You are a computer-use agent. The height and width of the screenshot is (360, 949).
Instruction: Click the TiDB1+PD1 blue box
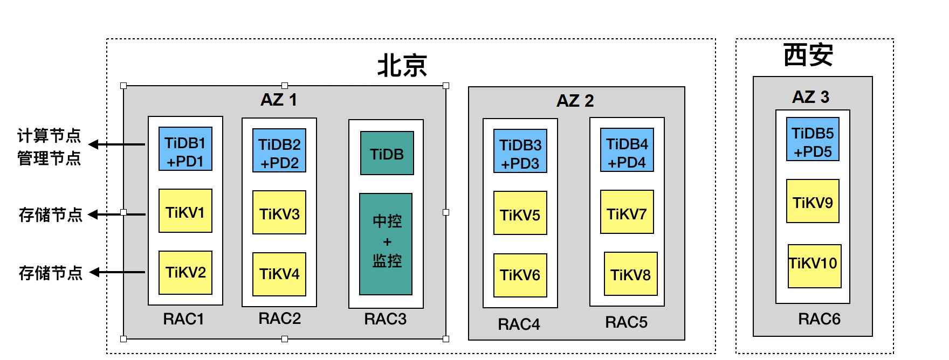[x=185, y=149]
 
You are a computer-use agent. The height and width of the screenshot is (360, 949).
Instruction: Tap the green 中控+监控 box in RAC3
[x=386, y=244]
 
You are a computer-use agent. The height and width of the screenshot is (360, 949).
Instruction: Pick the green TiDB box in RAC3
[x=387, y=153]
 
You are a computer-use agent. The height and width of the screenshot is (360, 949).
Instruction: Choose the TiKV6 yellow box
[x=520, y=275]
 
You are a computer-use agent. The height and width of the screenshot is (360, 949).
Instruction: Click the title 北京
[x=402, y=66]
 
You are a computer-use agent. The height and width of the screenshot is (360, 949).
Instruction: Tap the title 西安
[x=808, y=55]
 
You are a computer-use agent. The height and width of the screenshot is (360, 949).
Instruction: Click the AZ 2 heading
[x=575, y=101]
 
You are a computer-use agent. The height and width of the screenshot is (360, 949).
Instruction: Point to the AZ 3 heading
[x=810, y=97]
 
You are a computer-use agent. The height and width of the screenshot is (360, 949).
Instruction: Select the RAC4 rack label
[x=519, y=324]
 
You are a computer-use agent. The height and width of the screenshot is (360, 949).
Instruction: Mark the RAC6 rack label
[x=819, y=319]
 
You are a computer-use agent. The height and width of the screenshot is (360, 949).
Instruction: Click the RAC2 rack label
[x=279, y=319]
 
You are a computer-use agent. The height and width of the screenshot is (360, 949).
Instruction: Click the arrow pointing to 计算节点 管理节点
[x=116, y=144]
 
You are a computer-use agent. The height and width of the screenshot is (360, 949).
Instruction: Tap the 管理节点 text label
[x=49, y=158]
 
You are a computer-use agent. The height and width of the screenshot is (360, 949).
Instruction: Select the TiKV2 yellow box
[x=185, y=273]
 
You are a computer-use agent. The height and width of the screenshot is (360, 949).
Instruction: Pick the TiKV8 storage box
[x=631, y=274]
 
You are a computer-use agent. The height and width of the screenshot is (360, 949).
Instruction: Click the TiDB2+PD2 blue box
[x=279, y=150]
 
